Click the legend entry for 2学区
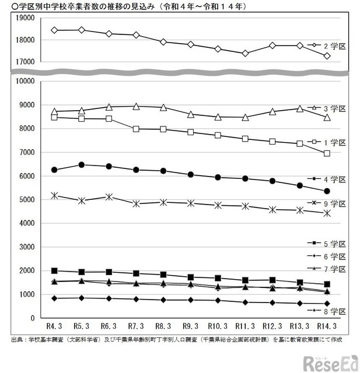[x=335, y=45]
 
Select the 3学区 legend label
[x=335, y=109]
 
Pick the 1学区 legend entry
[x=335, y=142]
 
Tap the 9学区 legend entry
[x=335, y=203]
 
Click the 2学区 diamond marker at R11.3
[x=245, y=53]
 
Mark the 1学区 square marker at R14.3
[x=327, y=153]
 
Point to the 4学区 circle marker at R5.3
[x=82, y=165]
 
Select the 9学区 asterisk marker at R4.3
[x=54, y=195]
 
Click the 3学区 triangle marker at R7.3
[x=136, y=107]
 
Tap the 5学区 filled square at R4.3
[x=54, y=270]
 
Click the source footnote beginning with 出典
[x=175, y=339]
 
